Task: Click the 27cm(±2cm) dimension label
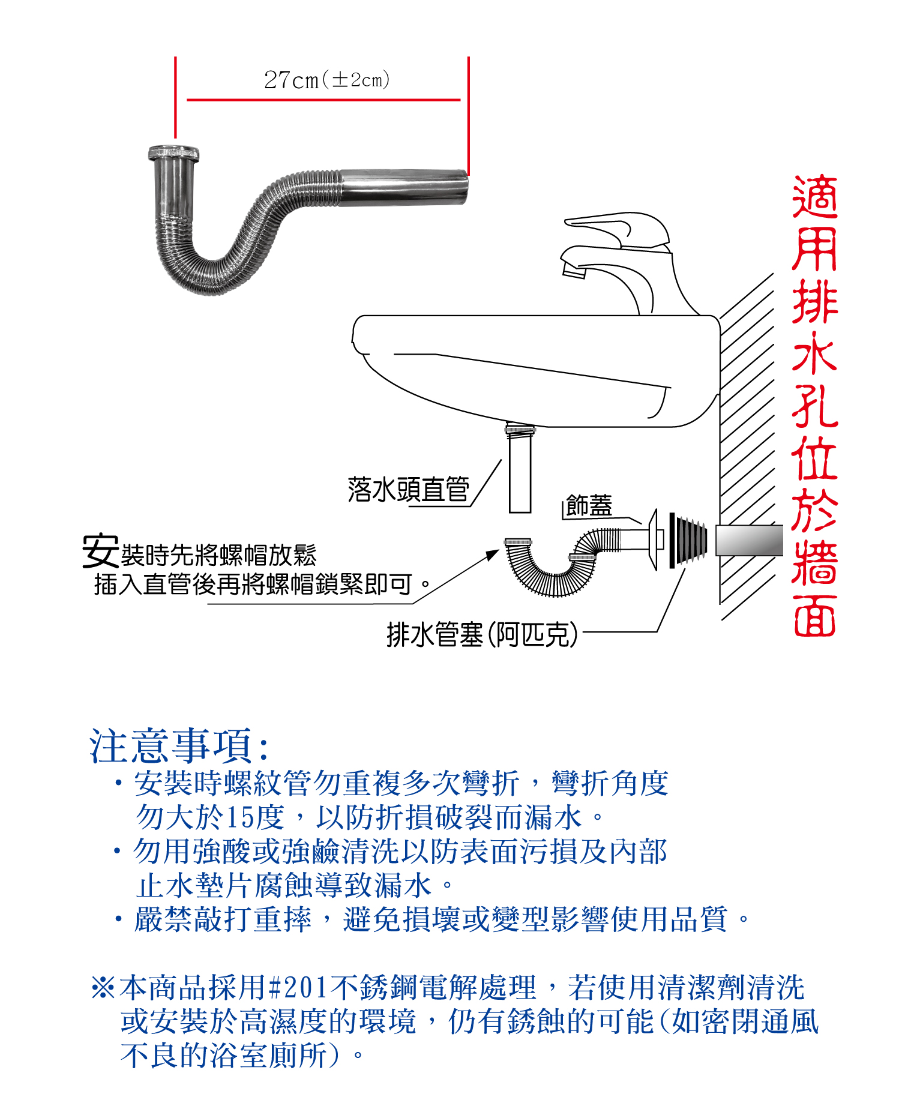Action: tap(327, 79)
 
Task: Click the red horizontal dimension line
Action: tap(323, 100)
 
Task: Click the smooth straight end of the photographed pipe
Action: tap(404, 187)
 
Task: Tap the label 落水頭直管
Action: tap(408, 489)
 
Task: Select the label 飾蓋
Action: tap(589, 505)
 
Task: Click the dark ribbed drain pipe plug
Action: tap(688, 541)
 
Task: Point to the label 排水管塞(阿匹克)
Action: tap(483, 634)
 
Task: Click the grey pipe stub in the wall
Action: tap(750, 540)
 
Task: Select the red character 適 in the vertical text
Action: tap(814, 197)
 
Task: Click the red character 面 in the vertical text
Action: tap(814, 616)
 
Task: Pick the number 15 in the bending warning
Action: tap(239, 817)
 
